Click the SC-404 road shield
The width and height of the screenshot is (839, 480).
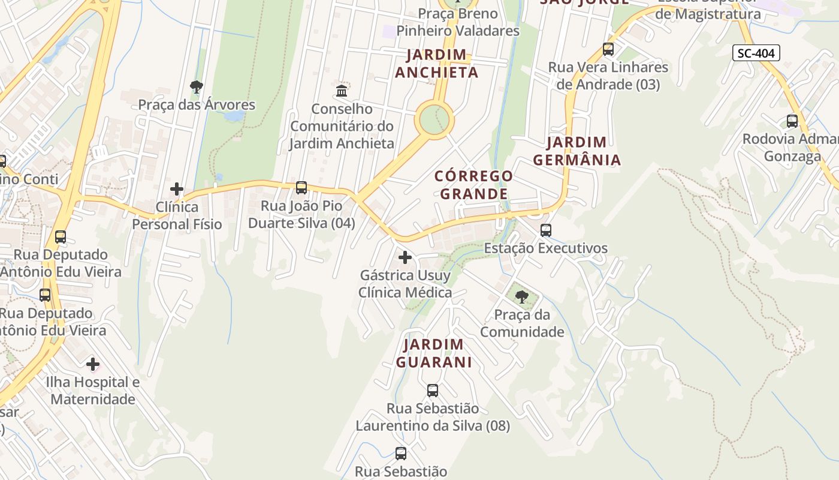tap(756, 53)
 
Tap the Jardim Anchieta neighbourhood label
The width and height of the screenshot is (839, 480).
tap(436, 64)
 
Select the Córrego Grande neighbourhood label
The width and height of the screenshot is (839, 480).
tap(473, 185)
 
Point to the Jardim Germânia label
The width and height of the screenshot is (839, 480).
tap(577, 151)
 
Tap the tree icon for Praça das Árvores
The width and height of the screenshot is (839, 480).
tap(196, 87)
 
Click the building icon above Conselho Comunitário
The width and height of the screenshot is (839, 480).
tap(342, 91)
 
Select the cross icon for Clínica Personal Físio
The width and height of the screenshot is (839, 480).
tap(177, 189)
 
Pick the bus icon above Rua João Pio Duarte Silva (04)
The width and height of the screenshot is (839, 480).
tap(301, 188)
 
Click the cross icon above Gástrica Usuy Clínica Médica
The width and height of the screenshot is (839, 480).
tap(405, 257)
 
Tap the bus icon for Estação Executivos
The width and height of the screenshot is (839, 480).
tap(545, 230)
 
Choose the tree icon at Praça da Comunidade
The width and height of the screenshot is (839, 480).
tap(522, 296)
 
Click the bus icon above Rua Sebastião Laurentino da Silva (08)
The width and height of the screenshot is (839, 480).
tap(433, 391)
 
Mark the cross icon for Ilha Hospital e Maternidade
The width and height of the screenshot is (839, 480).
tap(93, 364)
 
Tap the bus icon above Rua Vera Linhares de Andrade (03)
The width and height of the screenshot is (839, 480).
tap(608, 49)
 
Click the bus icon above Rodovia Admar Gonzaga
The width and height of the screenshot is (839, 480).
tap(792, 121)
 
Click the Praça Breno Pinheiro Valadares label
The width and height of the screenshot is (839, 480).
tap(458, 22)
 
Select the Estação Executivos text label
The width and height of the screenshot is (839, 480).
tap(545, 248)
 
